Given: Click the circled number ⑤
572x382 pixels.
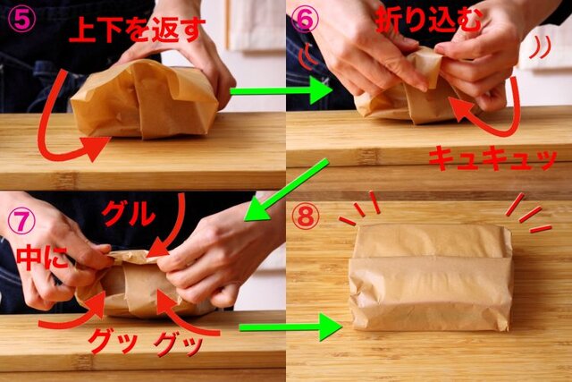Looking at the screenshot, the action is point(22,21).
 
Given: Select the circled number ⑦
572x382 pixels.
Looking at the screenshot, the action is point(21,221).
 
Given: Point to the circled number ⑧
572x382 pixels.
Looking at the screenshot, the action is point(306,216).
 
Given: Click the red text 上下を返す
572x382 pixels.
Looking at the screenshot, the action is point(135,30).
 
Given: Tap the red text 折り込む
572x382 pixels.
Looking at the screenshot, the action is point(429,20).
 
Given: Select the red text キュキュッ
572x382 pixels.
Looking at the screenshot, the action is point(492,157).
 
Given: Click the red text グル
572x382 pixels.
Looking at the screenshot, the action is point(129,214).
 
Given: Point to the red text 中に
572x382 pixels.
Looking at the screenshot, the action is point(42,258).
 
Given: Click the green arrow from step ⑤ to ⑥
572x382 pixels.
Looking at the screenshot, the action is point(281,91).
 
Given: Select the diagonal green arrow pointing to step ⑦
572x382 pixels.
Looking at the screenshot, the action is point(286,191).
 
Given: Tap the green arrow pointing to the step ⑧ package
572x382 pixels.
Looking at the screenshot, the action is point(290,327).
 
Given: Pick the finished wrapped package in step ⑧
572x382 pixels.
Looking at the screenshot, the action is point(431,277).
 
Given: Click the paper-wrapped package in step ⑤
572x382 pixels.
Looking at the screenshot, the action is point(145,100).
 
